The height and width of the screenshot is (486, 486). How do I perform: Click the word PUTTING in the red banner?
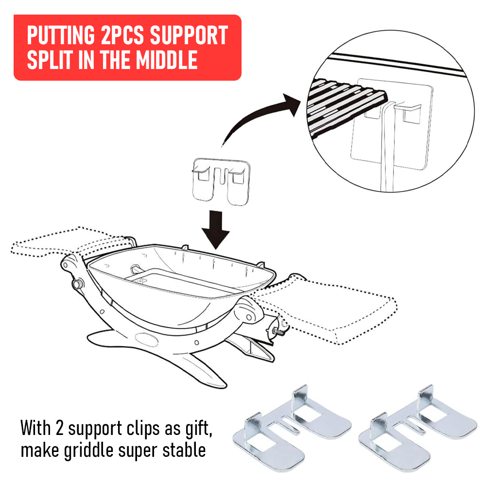coord(61,35)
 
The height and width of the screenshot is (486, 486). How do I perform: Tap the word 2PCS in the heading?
coord(122,35)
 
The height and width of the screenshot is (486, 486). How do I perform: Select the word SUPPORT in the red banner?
coord(189,35)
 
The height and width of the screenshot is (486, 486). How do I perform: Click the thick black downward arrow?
coord(216,230)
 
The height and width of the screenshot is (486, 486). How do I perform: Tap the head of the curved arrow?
coord(292,104)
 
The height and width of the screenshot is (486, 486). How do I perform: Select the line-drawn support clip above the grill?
coord(221,181)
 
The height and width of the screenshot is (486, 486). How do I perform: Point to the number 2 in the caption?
coord(59,428)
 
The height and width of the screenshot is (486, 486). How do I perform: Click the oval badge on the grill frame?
coord(147,339)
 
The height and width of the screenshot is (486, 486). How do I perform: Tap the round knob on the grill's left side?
coord(77,283)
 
